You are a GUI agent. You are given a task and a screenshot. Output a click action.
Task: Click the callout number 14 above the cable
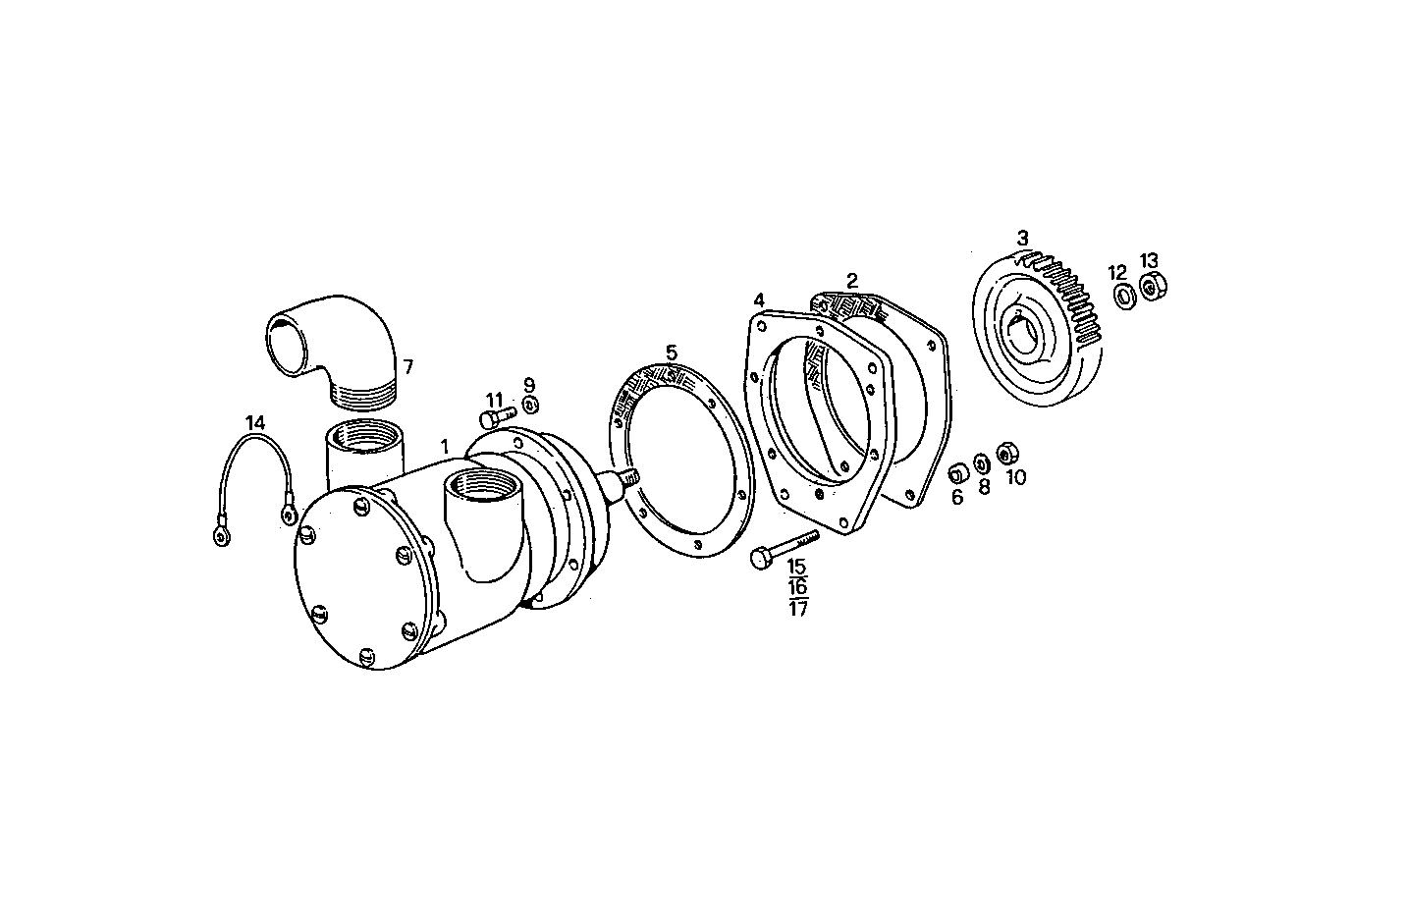pos(255,422)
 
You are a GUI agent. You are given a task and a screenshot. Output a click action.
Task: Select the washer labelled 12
pos(1121,293)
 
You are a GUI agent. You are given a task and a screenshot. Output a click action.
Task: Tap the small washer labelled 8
pos(981,464)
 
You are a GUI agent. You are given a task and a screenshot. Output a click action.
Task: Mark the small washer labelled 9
pos(530,405)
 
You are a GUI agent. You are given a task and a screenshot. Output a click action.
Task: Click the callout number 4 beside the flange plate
pos(758,299)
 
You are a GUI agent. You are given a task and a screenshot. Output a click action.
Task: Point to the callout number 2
pos(852,280)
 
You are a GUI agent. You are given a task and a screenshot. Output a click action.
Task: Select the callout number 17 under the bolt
pos(798,608)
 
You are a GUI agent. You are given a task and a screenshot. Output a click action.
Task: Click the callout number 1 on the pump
pos(445,447)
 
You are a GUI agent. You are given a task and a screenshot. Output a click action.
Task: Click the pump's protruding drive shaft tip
pos(628,477)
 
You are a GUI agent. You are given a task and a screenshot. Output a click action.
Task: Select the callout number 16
pos(798,587)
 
